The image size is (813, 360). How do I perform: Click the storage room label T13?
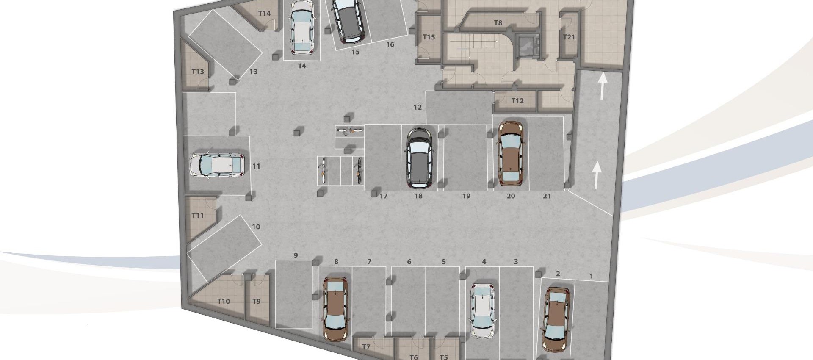tap(198, 72)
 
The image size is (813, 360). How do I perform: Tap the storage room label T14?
tap(264, 14)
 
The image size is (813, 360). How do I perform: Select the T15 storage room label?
tap(429, 37)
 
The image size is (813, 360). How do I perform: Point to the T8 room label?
tap(498, 23)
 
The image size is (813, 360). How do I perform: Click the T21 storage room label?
tap(569, 37)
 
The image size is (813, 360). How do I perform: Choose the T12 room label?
tap(517, 101)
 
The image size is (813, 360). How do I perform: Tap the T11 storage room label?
tap(198, 216)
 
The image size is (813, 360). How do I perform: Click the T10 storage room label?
tap(224, 302)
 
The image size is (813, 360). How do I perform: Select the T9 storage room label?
tap(256, 302)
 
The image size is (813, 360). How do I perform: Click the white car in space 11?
tap(217, 165)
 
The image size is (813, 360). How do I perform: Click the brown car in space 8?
tap(336, 309)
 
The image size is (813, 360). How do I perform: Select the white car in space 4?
tap(483, 310)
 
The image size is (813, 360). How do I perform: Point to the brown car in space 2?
tap(556, 319)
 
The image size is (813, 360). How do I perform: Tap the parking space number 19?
tap(466, 197)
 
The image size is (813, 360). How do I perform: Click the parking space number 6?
tap(409, 262)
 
